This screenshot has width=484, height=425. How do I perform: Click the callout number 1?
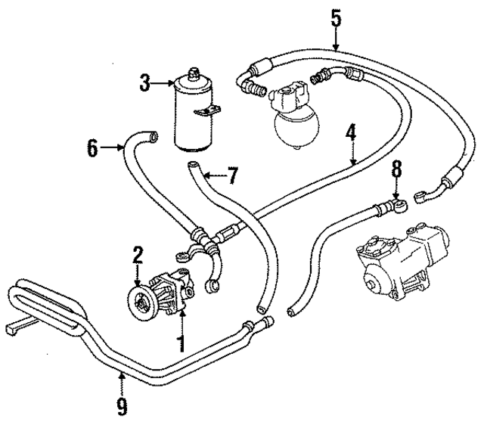(179, 343)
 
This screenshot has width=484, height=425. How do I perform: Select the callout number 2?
(138, 256)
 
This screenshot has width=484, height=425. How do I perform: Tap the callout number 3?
(145, 82)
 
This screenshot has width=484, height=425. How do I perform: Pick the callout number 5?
(335, 17)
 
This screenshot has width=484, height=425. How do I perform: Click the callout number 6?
(92, 147)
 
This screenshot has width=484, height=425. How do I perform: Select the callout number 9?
(122, 407)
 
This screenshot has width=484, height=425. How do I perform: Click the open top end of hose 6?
(154, 136)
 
